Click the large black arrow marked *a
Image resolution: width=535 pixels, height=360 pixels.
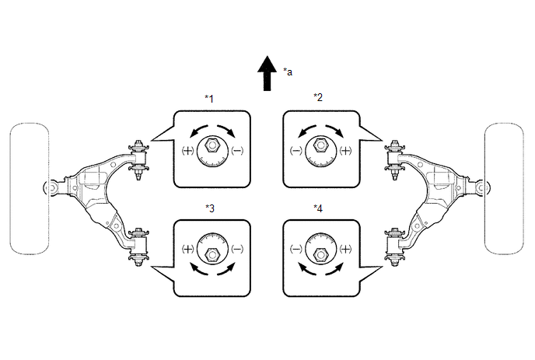267,73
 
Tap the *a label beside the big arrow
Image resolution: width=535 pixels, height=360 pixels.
288,72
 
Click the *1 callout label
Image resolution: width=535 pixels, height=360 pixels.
209,99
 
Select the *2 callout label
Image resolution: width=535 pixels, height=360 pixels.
318,97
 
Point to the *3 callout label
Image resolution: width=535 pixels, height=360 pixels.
210,208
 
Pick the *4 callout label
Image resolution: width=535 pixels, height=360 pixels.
318,208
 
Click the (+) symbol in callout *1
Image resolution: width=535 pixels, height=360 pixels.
187,151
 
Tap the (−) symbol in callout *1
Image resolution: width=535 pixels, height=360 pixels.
237,151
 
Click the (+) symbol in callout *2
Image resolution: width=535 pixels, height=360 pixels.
345,151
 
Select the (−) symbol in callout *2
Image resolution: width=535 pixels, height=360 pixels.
295,151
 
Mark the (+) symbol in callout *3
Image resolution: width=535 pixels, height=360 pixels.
187,249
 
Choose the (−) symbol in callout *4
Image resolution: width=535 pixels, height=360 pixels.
295,249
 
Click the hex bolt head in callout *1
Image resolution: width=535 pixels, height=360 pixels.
212,145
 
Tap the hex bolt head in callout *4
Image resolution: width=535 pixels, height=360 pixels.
320,254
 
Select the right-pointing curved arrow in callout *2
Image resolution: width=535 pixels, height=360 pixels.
336,130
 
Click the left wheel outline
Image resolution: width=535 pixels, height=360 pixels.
30,189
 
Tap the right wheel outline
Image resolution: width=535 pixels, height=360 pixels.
505,189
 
